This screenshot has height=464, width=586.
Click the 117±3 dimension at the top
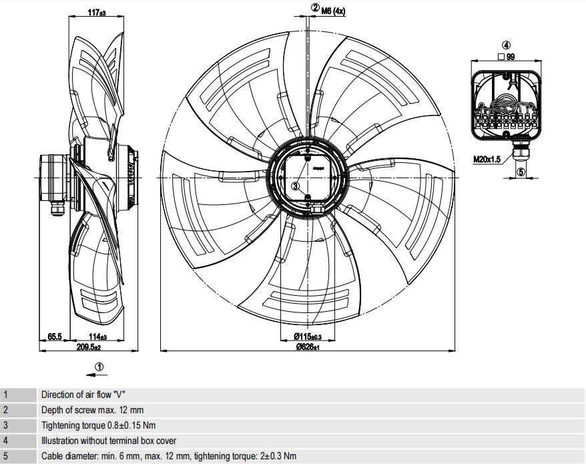[x=97, y=12]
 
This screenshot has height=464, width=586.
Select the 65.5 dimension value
[x=55, y=337]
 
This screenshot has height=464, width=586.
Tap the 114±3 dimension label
[x=97, y=337]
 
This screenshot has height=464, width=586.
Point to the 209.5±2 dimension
[x=87, y=347]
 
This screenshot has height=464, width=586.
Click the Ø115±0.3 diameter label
[x=308, y=337]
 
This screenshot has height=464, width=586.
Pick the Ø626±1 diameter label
[x=308, y=347]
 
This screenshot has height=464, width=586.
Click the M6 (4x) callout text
[x=334, y=10]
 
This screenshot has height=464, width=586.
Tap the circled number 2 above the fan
[x=315, y=8]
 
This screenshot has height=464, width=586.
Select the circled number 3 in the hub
[x=294, y=186]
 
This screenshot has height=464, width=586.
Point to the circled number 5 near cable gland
[x=521, y=171]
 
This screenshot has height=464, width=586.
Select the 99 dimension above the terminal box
[x=509, y=57]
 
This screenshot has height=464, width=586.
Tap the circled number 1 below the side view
[x=99, y=367]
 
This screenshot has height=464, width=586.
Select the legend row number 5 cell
[x=18, y=456]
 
